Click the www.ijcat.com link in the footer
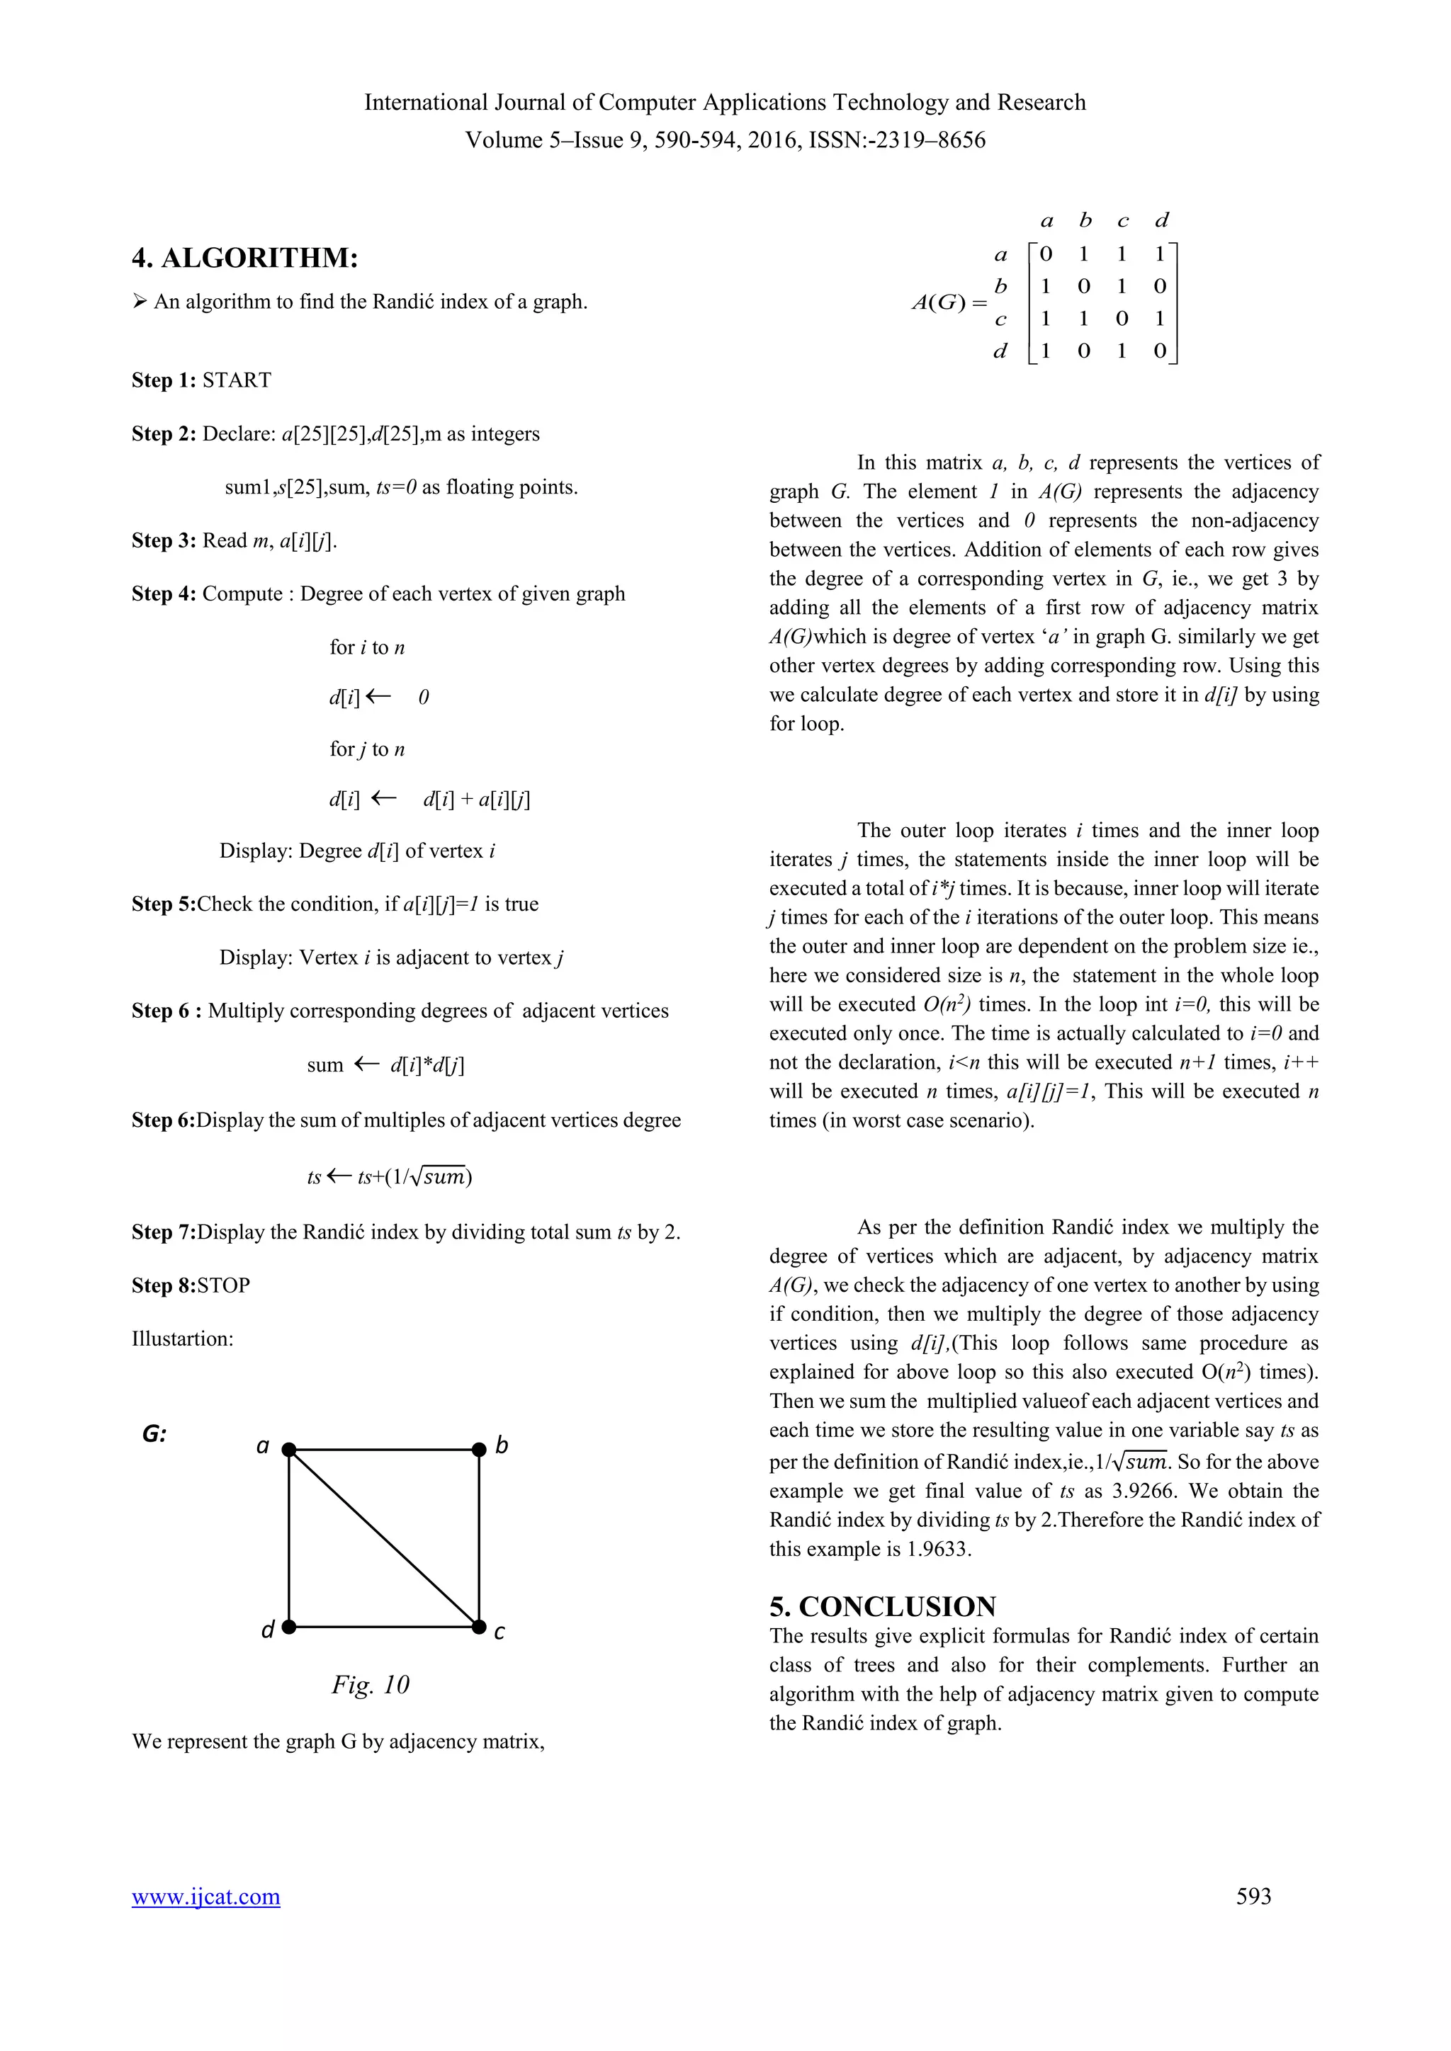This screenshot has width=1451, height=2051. point(205,1897)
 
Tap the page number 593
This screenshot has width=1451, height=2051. point(1253,1896)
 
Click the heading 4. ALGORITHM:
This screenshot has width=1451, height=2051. point(245,258)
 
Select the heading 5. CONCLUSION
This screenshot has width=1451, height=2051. point(882,1606)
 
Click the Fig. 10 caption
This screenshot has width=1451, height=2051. point(370,1685)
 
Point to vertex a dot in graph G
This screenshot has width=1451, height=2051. point(288,1449)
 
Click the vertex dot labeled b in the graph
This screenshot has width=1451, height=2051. point(479,1449)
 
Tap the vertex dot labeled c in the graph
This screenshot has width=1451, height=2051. point(479,1627)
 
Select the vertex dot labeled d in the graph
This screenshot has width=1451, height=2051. point(288,1627)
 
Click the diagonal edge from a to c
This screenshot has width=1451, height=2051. point(384,1538)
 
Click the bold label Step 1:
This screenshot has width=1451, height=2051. point(164,380)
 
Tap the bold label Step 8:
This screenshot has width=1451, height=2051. point(164,1285)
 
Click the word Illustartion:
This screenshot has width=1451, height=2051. point(182,1339)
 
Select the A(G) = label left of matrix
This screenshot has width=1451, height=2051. point(949,303)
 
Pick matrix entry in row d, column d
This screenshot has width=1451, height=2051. point(1160,351)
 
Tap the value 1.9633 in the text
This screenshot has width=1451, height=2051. point(937,1549)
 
